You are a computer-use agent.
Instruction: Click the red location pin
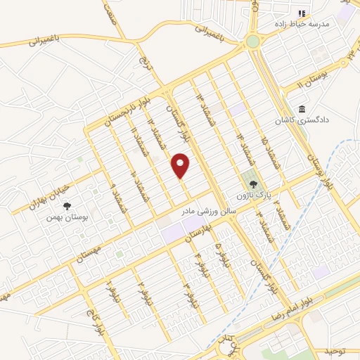click(x=181, y=165)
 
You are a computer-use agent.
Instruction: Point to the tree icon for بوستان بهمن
click(x=67, y=206)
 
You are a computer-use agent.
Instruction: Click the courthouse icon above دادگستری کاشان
click(x=302, y=109)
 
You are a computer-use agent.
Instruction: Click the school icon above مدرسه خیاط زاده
click(x=302, y=13)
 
